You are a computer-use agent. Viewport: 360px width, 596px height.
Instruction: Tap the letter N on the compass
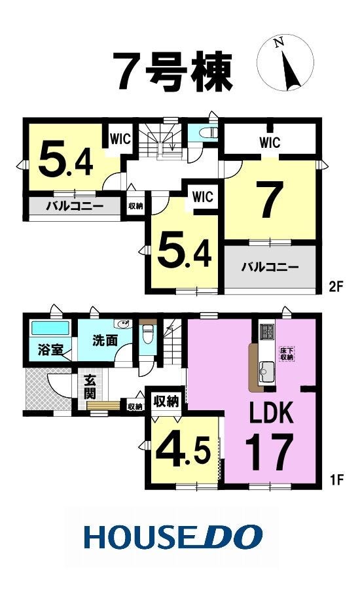coord(280,43)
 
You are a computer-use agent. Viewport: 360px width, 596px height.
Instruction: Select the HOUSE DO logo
coord(173,536)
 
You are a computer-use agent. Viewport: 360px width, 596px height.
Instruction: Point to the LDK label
coord(271,413)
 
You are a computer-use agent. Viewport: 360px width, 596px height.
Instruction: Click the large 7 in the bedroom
coord(270,200)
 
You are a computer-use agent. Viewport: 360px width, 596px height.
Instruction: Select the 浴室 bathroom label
coord(50,350)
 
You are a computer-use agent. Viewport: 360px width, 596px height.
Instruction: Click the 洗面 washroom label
coord(105,340)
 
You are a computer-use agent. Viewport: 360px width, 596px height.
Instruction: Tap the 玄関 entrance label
coord(90,387)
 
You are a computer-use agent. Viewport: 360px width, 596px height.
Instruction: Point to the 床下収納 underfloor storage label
coord(287,354)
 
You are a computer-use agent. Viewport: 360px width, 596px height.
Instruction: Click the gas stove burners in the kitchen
coord(266,331)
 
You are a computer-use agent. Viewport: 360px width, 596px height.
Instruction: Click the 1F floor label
coord(336,480)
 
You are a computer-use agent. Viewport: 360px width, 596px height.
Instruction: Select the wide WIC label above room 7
coord(270,143)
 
